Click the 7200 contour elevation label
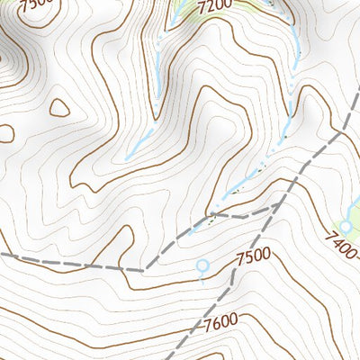214,6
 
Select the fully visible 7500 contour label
253,257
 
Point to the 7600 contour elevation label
220,320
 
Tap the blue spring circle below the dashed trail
202,265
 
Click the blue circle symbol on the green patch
346,227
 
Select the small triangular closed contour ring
59,108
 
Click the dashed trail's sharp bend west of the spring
144,268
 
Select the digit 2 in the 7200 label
210,6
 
